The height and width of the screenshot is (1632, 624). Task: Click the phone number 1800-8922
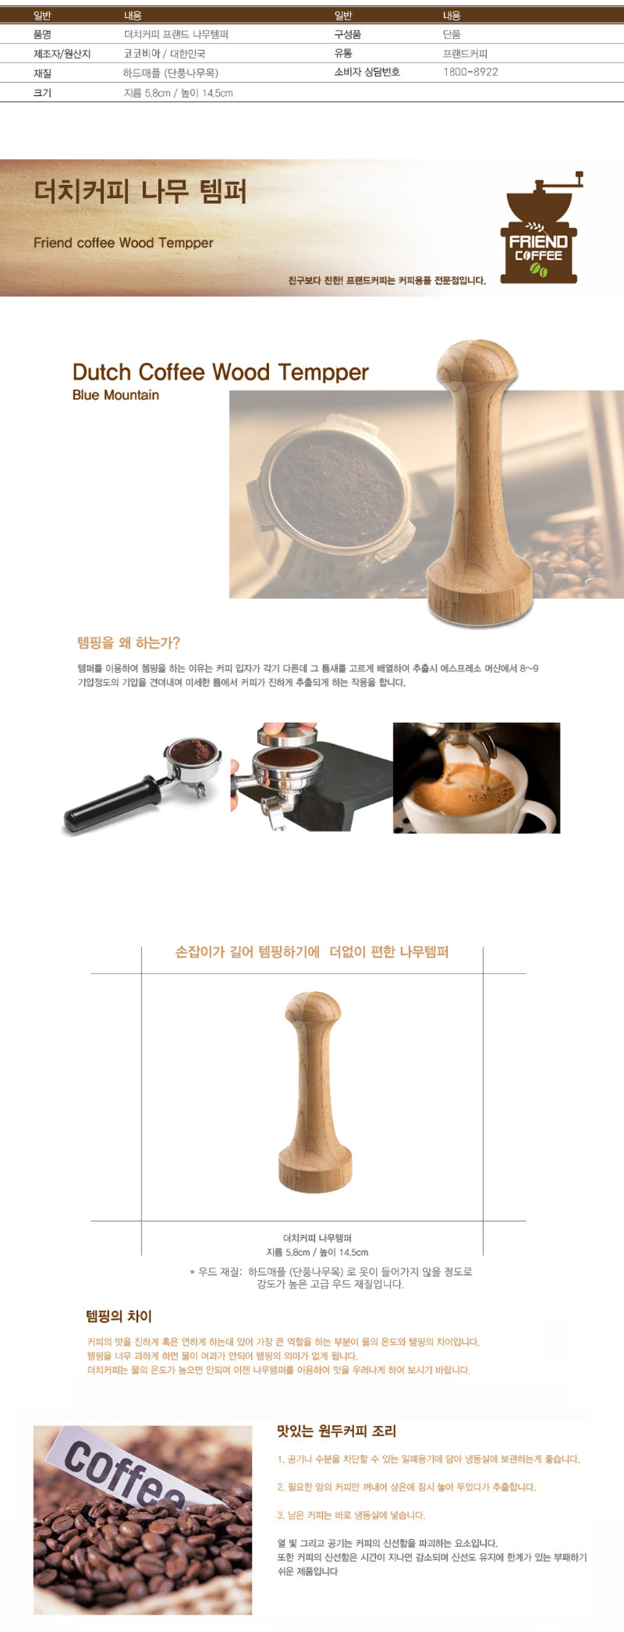click(x=470, y=72)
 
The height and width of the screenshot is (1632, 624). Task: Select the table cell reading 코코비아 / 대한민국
click(x=165, y=54)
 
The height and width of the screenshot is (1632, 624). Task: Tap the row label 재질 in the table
click(x=42, y=73)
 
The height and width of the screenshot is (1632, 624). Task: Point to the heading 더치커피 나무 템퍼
click(x=140, y=192)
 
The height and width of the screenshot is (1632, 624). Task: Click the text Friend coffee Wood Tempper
click(x=123, y=242)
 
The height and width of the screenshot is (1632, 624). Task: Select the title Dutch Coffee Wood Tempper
click(x=221, y=372)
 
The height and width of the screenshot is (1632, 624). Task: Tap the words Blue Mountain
click(x=115, y=395)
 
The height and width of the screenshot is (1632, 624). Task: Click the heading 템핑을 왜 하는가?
click(x=128, y=642)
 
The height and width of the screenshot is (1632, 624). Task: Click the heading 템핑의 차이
click(x=119, y=1316)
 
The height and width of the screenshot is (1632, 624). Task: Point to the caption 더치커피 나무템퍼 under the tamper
click(x=317, y=1238)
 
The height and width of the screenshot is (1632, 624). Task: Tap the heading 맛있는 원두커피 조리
click(x=337, y=1431)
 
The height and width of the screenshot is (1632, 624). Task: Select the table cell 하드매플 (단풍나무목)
click(x=171, y=73)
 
